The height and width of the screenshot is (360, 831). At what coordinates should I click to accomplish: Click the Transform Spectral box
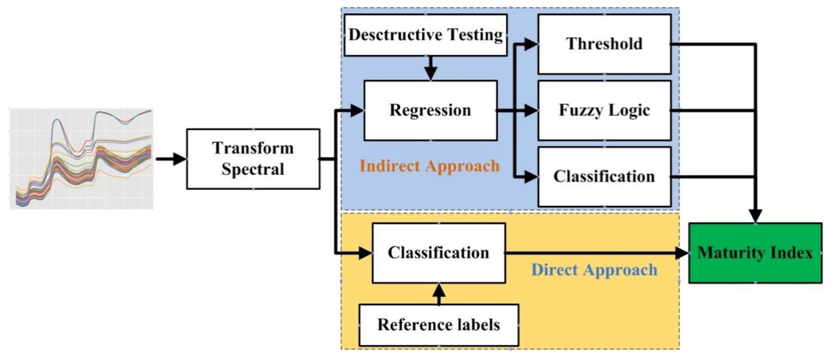[x=253, y=159]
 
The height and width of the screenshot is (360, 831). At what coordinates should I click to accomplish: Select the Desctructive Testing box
[x=426, y=35]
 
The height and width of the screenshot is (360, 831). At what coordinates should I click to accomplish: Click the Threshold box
[x=604, y=44]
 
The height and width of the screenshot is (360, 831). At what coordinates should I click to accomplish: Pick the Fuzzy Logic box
[x=604, y=110]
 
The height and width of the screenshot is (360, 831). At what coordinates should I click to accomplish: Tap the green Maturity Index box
[x=755, y=253]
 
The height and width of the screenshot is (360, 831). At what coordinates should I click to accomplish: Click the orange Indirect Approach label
[x=429, y=166]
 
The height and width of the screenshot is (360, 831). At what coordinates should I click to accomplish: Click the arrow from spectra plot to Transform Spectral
[x=171, y=159]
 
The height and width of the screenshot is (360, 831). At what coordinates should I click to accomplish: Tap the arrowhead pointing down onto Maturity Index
[x=756, y=215]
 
